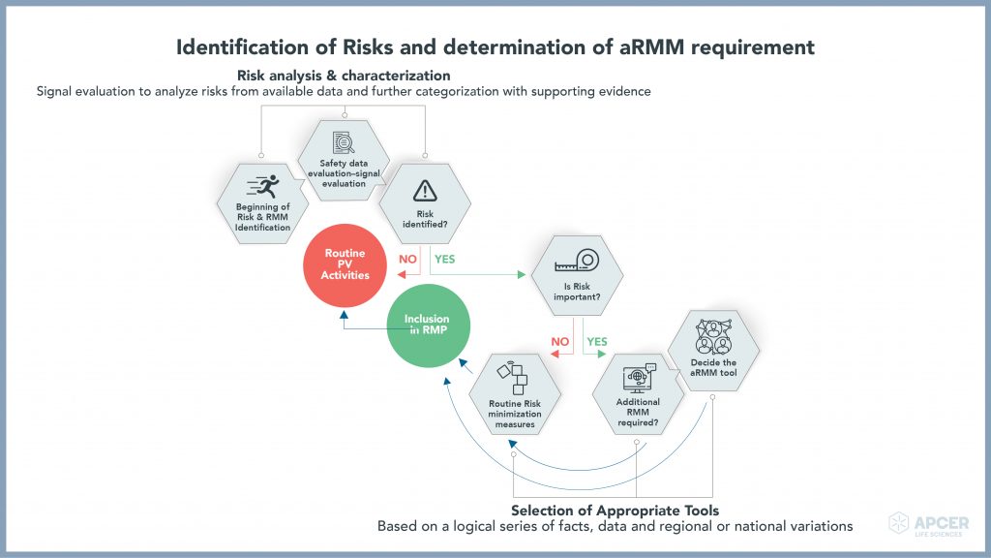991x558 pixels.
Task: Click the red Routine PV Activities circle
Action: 345,265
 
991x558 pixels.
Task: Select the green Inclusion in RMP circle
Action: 429,325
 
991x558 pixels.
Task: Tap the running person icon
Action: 263,187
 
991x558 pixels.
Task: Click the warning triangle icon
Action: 425,191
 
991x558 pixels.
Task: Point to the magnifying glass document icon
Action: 344,143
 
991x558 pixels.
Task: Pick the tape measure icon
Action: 577,261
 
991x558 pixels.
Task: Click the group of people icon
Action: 713,336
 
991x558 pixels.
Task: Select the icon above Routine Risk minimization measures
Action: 513,379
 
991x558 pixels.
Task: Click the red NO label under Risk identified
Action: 407,259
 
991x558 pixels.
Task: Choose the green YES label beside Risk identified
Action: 445,259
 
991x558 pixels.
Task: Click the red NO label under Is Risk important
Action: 560,342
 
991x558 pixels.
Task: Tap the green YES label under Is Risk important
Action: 597,342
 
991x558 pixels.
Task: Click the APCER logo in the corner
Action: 928,524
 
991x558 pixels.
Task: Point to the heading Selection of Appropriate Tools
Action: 615,511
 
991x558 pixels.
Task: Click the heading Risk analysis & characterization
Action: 344,76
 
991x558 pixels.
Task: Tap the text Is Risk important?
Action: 577,292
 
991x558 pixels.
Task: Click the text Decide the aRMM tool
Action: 713,367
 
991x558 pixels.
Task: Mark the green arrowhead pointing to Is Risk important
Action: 522,274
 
